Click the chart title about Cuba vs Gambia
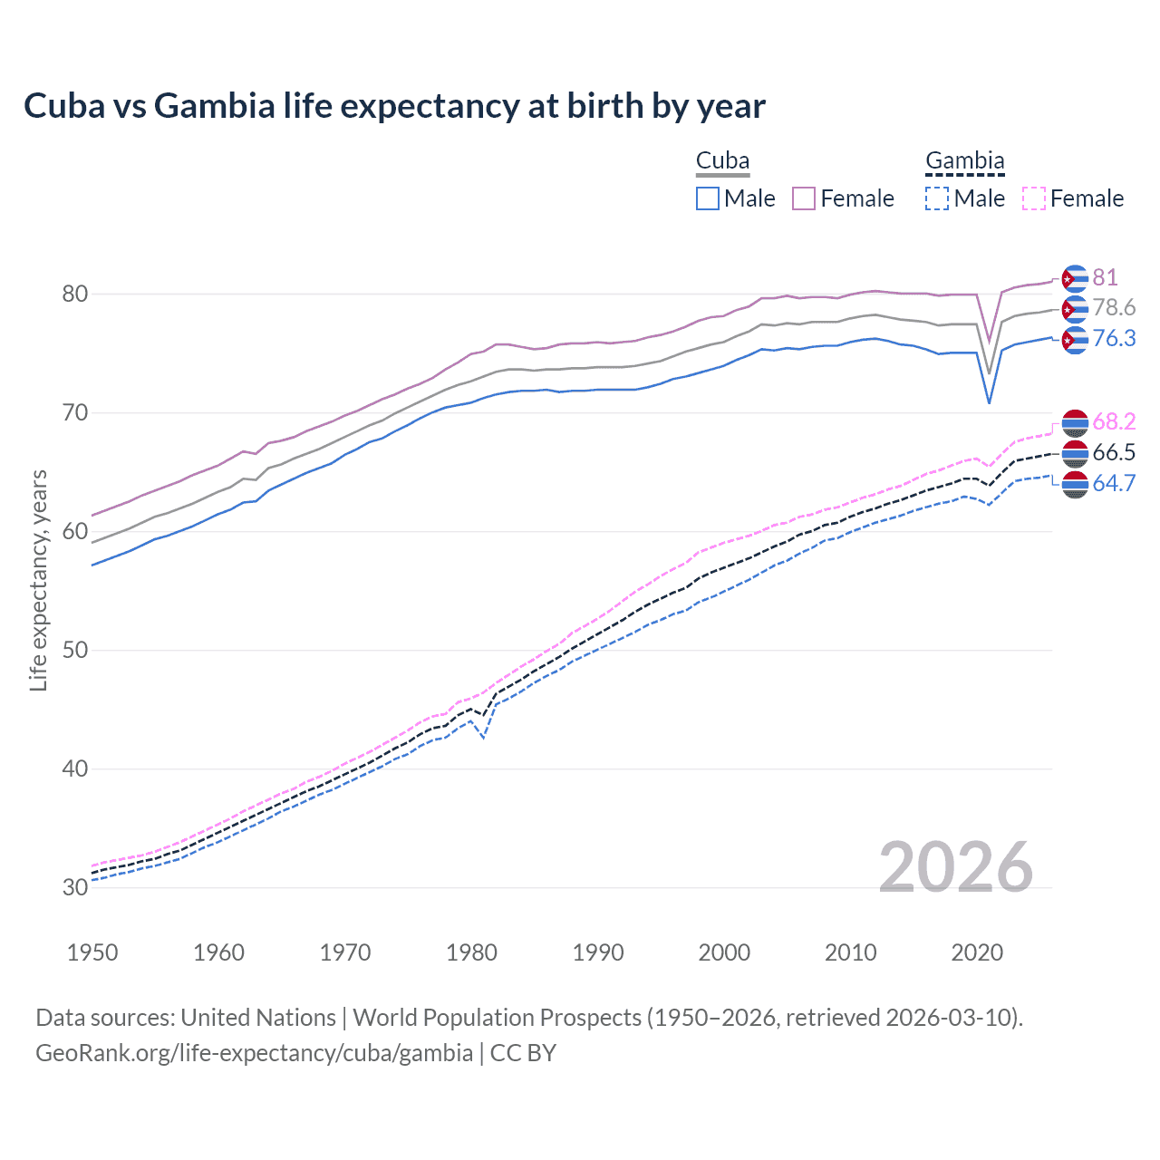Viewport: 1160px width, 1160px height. point(394,106)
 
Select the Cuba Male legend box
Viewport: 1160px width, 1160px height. point(708,198)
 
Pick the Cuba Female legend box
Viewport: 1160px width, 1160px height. point(804,198)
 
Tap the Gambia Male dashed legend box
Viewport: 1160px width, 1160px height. point(937,198)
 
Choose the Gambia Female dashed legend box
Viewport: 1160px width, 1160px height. point(1033,198)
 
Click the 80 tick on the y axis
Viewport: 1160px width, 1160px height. point(74,294)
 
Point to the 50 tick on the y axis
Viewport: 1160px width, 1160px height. point(74,650)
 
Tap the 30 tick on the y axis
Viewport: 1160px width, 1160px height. point(74,887)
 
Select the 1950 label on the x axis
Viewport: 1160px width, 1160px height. point(92,952)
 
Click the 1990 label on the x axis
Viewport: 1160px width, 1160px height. point(598,952)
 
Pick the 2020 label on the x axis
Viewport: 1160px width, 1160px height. point(976,952)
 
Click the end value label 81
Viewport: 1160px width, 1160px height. point(1105,277)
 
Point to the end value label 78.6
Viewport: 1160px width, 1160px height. point(1114,308)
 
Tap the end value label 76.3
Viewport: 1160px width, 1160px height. point(1114,338)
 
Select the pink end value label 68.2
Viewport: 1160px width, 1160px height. point(1114,421)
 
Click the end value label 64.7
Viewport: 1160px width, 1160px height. point(1114,483)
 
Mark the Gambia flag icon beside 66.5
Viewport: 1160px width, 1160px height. point(1075,453)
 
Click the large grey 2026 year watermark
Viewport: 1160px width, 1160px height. point(956,867)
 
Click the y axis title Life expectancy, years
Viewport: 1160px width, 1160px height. point(38,580)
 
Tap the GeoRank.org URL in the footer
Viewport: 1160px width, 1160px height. point(254,1053)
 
